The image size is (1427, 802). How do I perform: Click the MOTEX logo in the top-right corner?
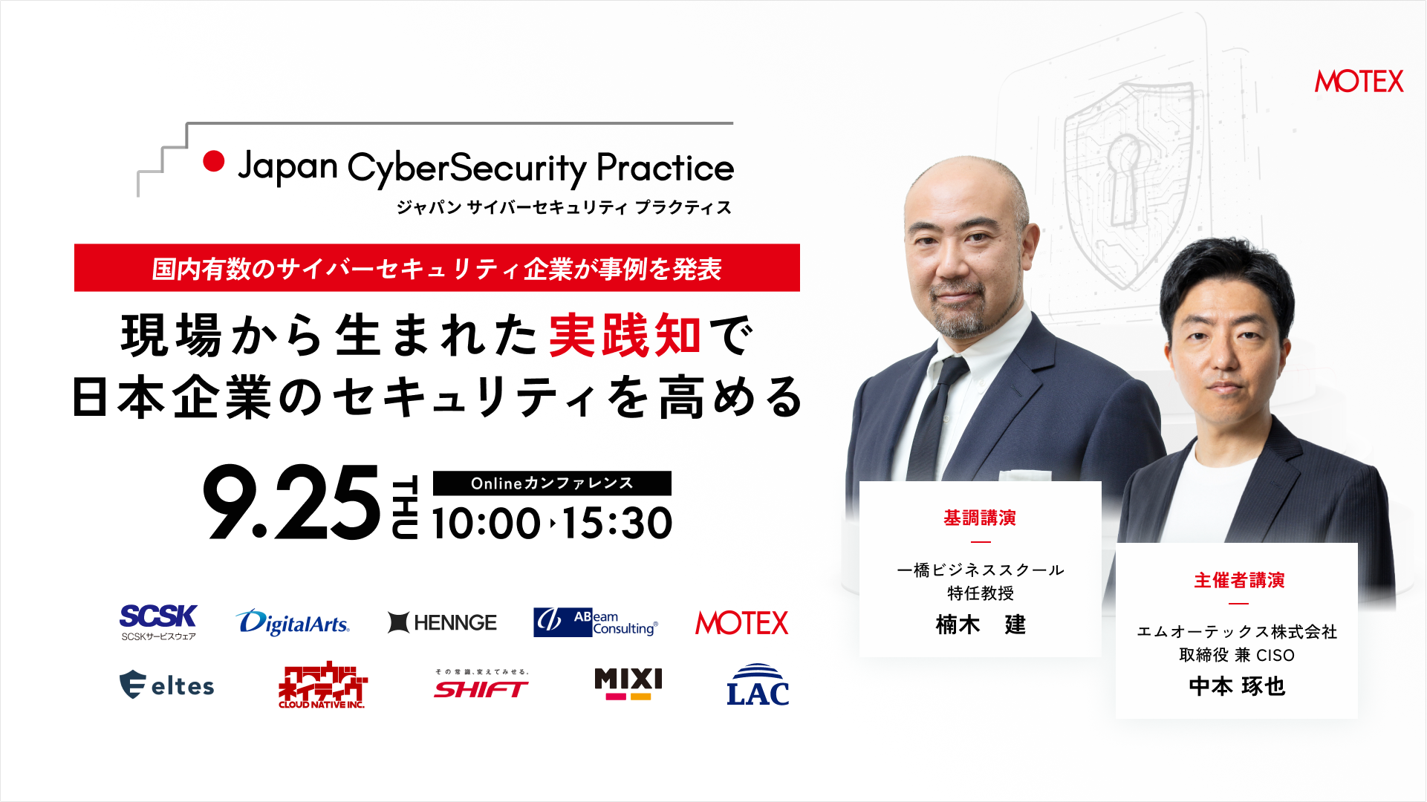(1359, 81)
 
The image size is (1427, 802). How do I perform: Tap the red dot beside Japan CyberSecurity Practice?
(214, 161)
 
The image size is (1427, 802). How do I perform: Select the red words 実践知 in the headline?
(625, 335)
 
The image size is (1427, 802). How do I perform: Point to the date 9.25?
(291, 503)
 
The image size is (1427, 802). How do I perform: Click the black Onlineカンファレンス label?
(552, 483)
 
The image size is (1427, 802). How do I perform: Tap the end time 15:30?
(617, 523)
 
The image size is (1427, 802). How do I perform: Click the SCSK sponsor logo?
(158, 622)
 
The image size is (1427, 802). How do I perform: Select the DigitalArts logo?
(293, 622)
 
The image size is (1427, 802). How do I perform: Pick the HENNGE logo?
(443, 622)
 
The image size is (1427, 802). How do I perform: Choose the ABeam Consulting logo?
(596, 622)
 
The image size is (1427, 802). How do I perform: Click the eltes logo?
(167, 685)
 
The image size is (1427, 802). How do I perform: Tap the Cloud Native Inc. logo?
(322, 685)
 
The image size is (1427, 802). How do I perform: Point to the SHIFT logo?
(481, 685)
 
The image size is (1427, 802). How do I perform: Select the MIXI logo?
(628, 684)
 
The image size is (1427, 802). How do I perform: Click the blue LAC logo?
(758, 685)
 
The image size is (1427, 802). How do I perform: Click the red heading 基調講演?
(980, 518)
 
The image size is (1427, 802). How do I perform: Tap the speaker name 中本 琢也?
(1237, 686)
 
